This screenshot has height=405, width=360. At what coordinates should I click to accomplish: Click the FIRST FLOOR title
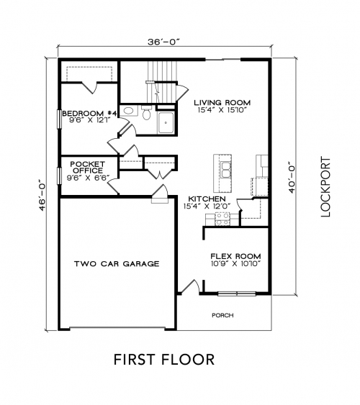click(164, 360)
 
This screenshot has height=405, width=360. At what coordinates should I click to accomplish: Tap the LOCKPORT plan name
click(325, 186)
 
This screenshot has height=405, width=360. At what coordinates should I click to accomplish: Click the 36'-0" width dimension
click(163, 42)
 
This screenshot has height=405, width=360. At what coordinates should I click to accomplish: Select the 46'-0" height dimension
click(42, 195)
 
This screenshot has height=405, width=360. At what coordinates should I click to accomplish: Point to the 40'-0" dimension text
click(292, 177)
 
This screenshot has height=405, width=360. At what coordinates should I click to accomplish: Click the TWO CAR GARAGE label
click(117, 264)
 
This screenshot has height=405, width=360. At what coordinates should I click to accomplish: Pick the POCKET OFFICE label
click(88, 168)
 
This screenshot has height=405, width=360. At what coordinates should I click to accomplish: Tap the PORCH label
click(222, 315)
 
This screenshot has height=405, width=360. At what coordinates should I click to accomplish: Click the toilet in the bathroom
click(146, 112)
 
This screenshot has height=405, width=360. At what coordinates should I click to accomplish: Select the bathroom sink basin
click(128, 111)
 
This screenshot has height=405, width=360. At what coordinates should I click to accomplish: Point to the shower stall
click(166, 123)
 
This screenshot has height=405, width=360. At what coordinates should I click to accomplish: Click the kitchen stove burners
click(222, 219)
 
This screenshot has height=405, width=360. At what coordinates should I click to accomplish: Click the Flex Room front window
click(236, 293)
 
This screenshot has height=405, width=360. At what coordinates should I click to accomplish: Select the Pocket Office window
click(59, 176)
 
